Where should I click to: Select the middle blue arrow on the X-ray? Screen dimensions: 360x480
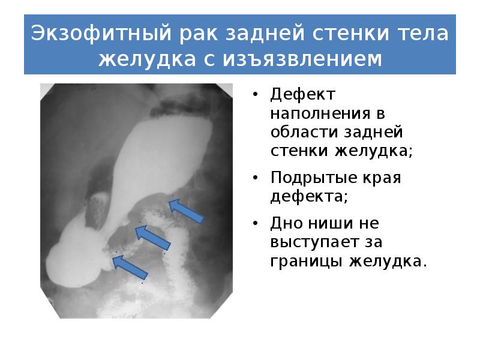pyautogui.click(x=153, y=236)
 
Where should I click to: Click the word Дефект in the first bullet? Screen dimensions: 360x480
pyautogui.click(x=295, y=95)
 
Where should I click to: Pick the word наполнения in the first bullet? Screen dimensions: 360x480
pyautogui.click(x=310, y=113)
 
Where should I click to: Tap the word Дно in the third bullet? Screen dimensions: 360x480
pyautogui.click(x=283, y=224)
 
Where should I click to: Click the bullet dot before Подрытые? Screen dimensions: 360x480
pyautogui.click(x=256, y=179)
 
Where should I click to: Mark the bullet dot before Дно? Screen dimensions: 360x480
pyautogui.click(x=256, y=225)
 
